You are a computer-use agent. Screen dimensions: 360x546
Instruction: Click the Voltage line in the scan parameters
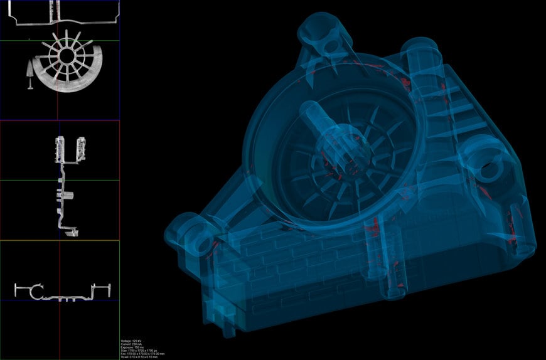tap(130, 341)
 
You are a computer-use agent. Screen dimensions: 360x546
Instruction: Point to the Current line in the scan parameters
tap(130, 344)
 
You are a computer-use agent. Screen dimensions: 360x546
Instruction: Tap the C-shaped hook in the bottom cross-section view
tap(36, 290)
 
